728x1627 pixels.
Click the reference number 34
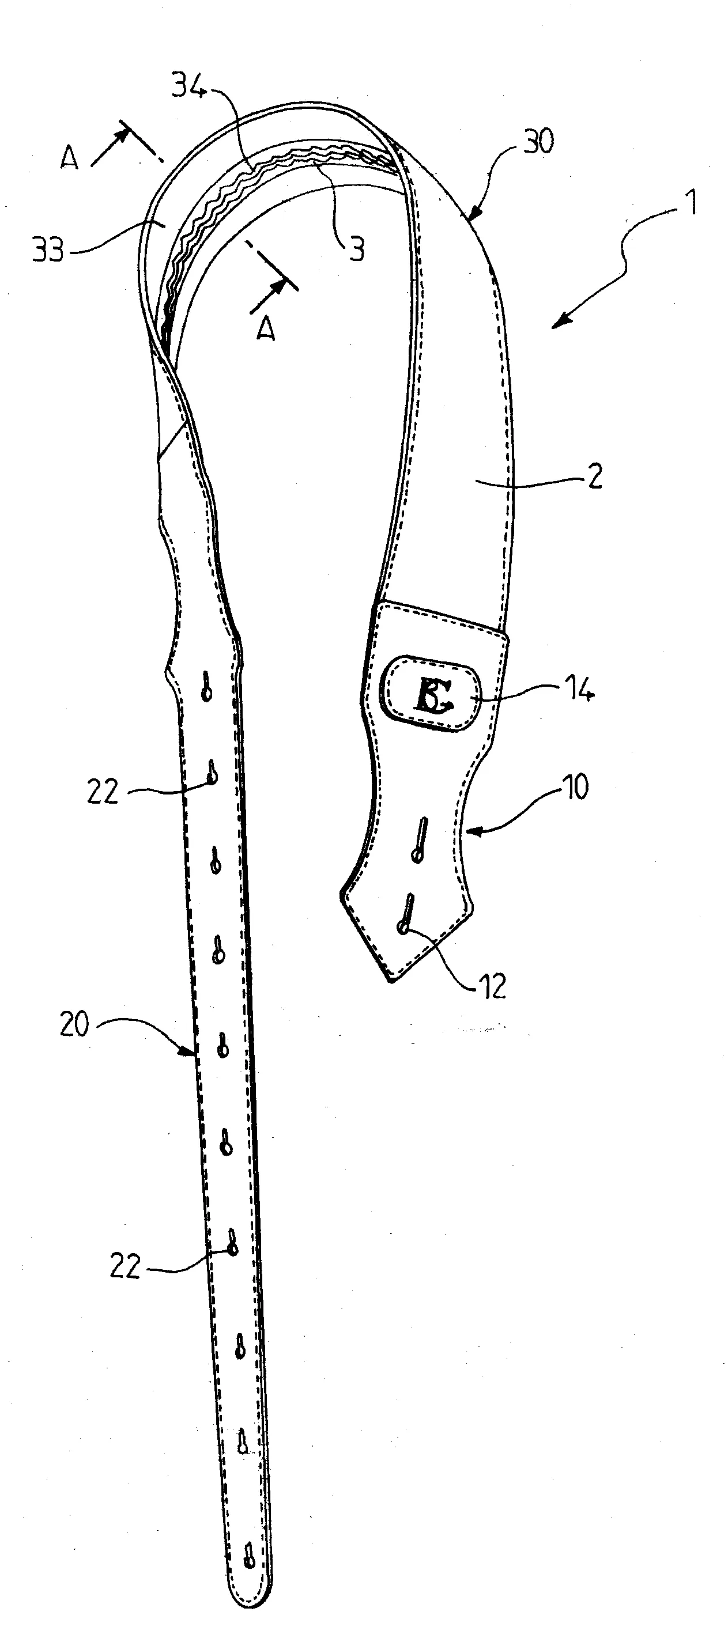tap(190, 86)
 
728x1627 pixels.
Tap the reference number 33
tap(48, 251)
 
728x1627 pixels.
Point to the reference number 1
tap(692, 203)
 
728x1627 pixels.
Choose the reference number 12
tap(492, 986)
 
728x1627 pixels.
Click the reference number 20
tap(74, 1024)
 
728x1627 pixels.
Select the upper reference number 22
tap(103, 792)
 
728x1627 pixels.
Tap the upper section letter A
tap(70, 157)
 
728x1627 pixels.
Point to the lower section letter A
tap(267, 329)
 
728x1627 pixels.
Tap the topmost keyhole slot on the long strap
tap(206, 687)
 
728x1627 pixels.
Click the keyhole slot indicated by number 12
tap(407, 914)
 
